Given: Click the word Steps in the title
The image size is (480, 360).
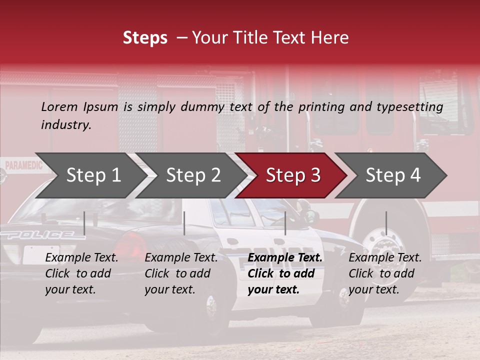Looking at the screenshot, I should tap(145, 38).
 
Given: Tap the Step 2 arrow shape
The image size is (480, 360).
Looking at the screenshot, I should tap(193, 175).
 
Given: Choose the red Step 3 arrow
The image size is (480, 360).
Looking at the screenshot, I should tap(293, 175).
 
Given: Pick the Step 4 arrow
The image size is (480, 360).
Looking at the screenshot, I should tap(393, 175).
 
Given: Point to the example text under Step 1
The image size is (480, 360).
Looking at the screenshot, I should tap(81, 273).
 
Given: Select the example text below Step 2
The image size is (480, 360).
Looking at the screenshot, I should tap(181, 273).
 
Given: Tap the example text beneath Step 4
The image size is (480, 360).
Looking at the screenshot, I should tap(385, 273).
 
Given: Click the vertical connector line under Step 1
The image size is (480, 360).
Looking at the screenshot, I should tap(84, 223).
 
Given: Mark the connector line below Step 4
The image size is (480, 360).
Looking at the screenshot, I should tap(386, 223).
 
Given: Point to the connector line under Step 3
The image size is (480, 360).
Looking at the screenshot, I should tap(285, 223).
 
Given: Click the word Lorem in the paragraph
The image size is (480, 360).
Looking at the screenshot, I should tap(59, 106).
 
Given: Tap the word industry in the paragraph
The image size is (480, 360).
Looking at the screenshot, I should tap(65, 125).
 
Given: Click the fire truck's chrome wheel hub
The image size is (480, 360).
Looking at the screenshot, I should tap(384, 245).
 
